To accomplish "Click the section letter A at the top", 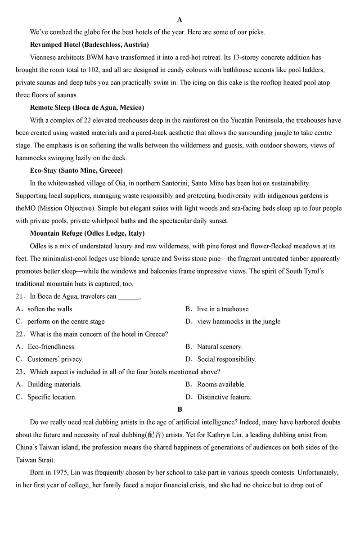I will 180,19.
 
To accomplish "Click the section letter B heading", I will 180,409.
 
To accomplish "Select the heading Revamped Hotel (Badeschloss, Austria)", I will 89,45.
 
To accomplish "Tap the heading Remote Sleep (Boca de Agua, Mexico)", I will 87,108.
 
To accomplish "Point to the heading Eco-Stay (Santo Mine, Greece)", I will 76,170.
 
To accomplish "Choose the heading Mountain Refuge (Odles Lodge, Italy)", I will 87,233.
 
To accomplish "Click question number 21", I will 19,296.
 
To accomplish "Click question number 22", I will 19,334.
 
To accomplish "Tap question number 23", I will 19,372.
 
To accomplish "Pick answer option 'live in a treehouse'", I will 223,309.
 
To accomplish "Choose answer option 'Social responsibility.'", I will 226,359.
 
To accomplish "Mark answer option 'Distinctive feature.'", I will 224,397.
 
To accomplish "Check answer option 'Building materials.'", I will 54,385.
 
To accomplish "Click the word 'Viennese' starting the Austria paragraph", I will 44,58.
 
